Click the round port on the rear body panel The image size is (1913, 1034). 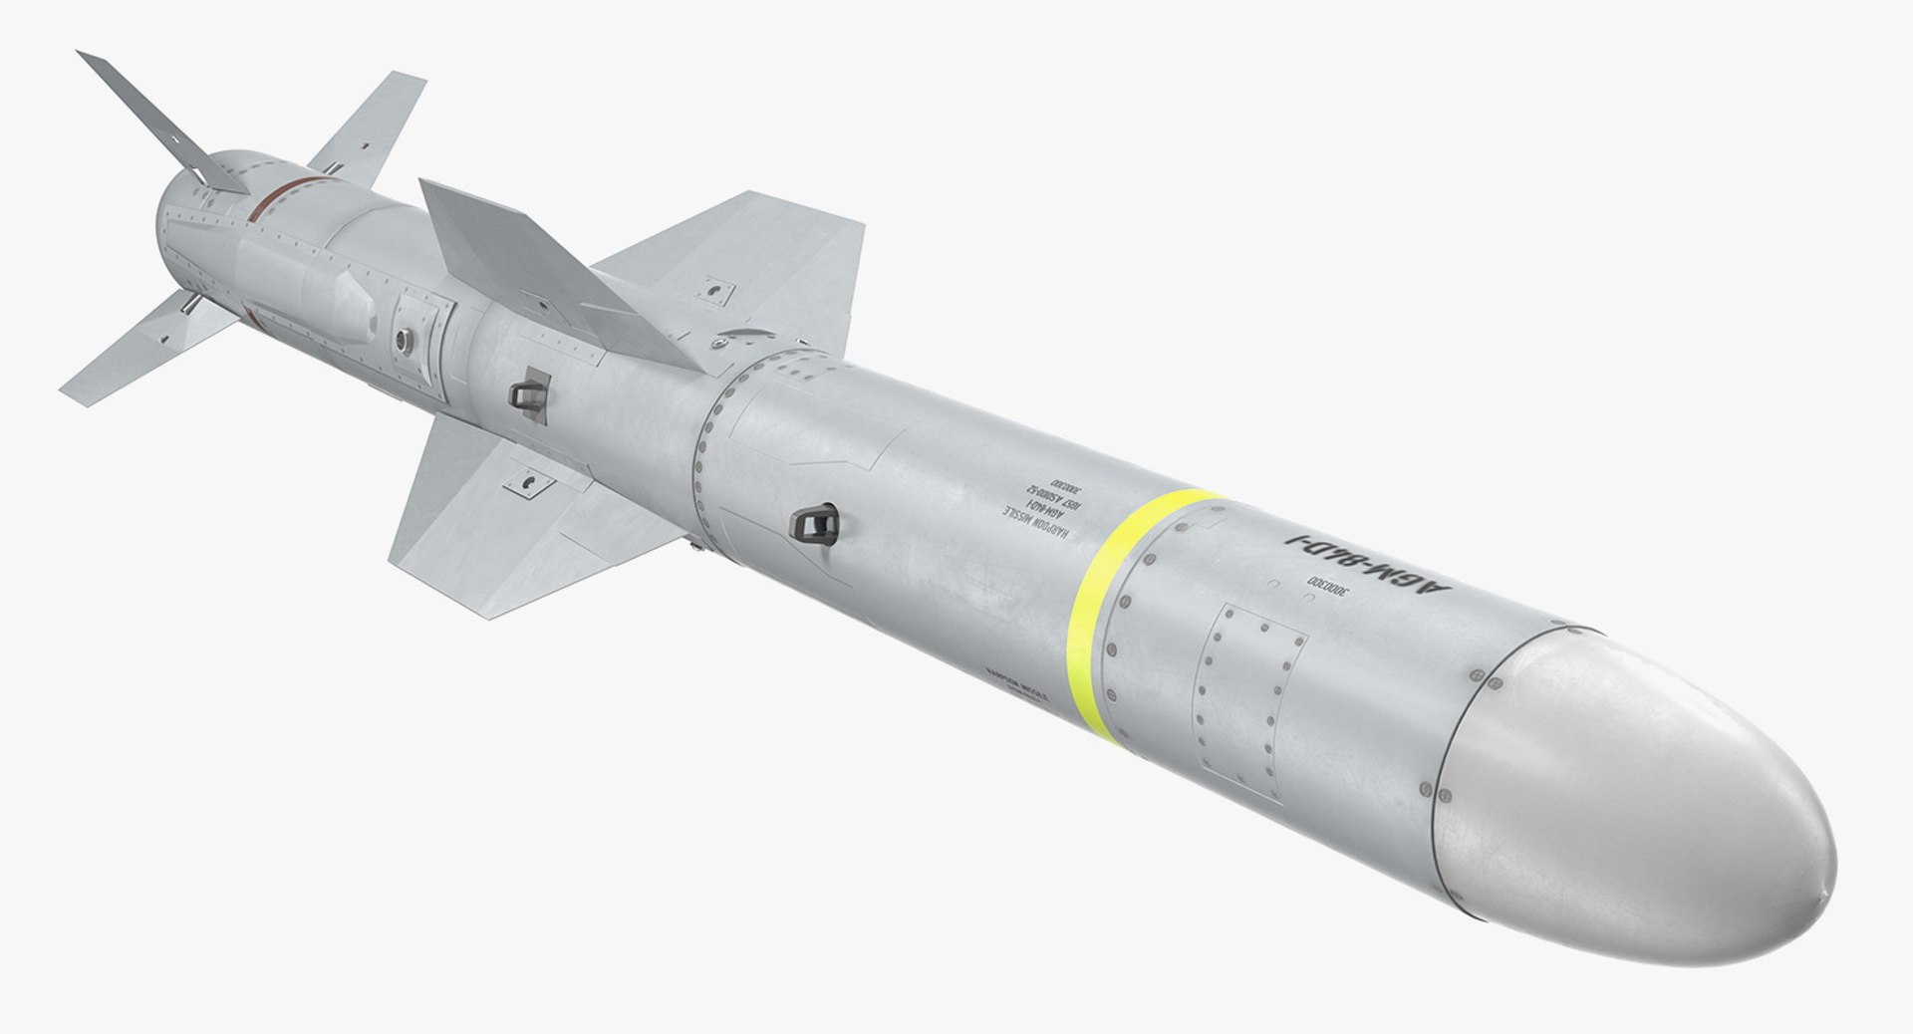[403, 340]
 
